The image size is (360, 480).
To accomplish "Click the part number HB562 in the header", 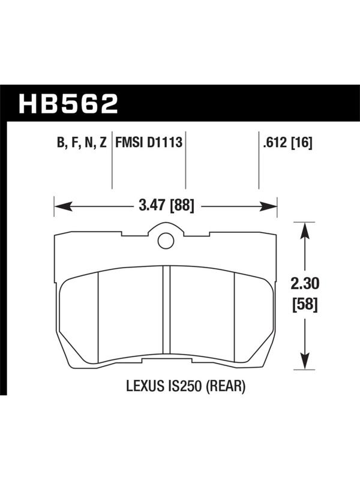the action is click(68, 103).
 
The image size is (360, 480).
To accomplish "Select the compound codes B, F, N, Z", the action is click(82, 142).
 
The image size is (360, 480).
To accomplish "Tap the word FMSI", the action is click(129, 142).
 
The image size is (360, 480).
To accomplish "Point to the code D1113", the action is click(164, 142).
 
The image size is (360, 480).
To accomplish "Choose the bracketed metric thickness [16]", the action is click(302, 142).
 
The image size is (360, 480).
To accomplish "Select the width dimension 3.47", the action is click(152, 205).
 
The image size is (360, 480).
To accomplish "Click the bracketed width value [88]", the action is click(182, 206).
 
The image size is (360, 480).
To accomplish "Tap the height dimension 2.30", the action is click(305, 284).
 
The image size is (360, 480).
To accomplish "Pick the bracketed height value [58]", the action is click(305, 305).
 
